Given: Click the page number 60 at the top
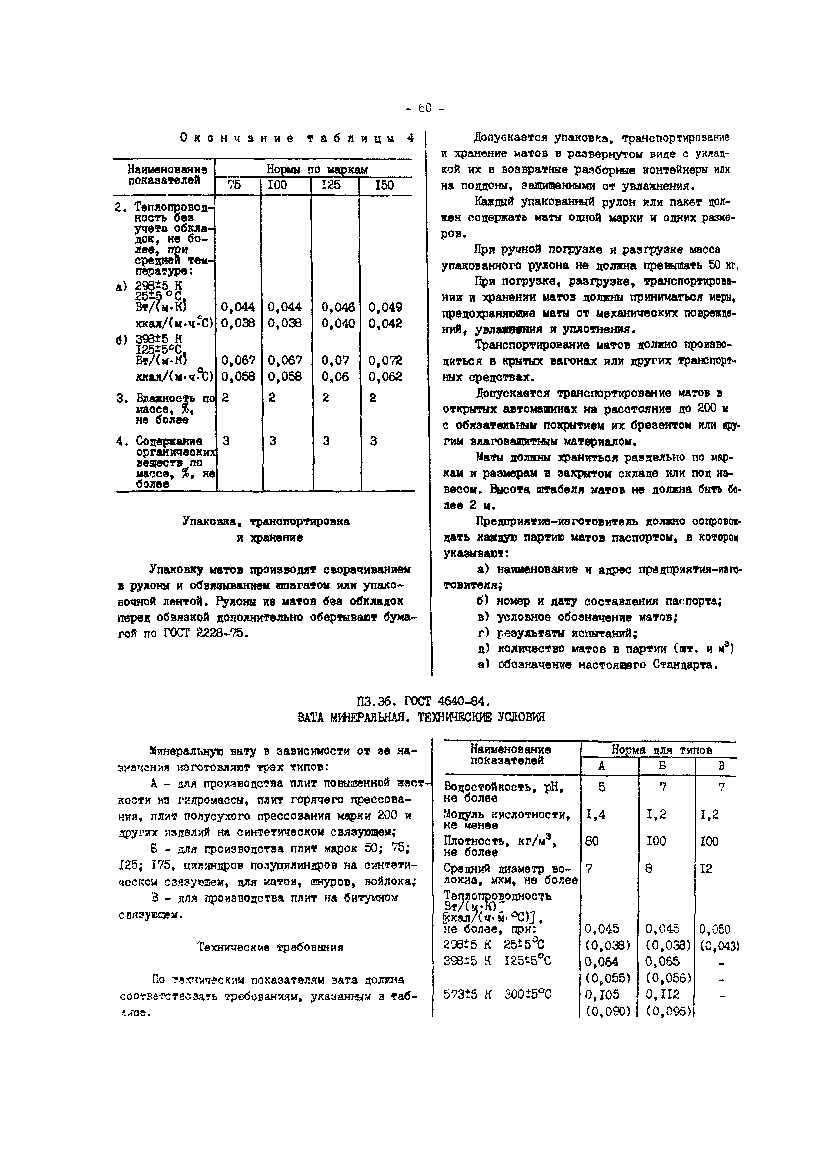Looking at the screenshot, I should (x=425, y=108).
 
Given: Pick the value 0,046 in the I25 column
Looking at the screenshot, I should (x=337, y=307).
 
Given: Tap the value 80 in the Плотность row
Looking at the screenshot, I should (x=592, y=841).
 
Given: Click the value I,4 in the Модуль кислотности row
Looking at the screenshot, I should (x=595, y=814).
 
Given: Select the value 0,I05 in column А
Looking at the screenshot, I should (x=602, y=994).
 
